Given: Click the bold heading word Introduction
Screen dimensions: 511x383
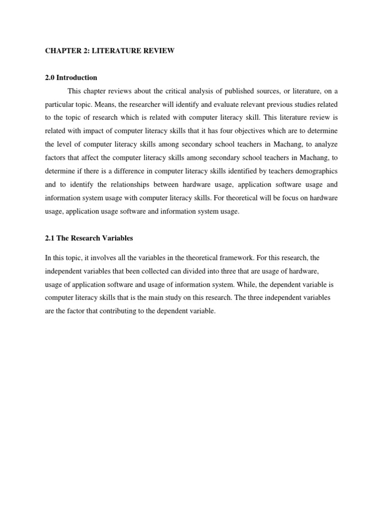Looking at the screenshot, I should coord(77,77).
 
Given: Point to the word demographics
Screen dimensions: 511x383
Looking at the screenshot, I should coord(317,171).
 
